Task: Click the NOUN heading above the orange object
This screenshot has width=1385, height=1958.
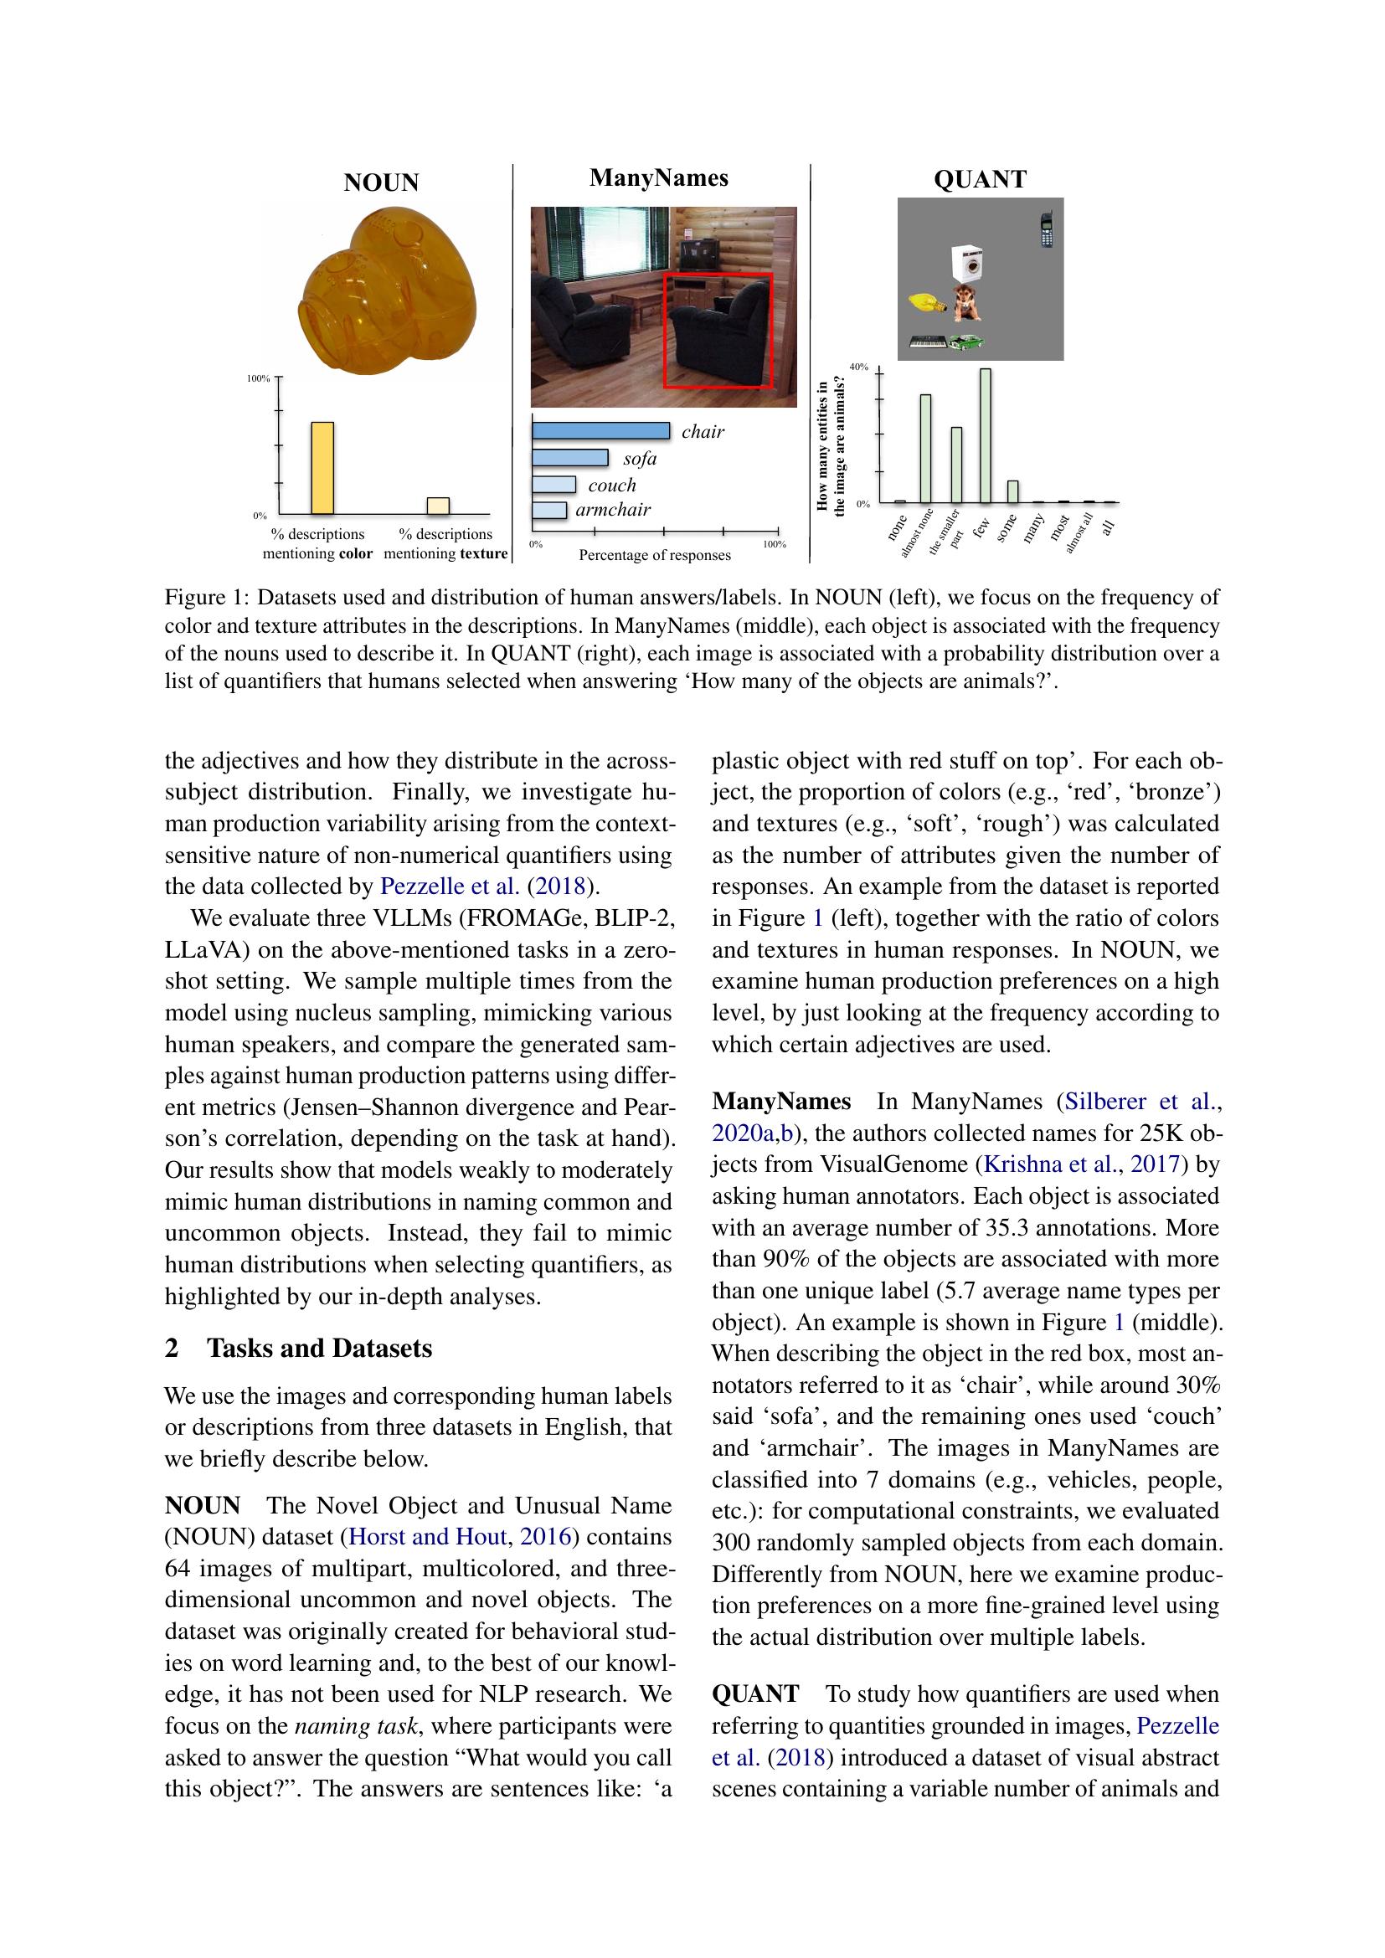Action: tap(381, 182)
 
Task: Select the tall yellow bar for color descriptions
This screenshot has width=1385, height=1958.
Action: tap(322, 468)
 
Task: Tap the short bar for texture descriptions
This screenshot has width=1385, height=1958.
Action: tap(438, 506)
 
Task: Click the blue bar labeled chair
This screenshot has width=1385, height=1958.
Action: tap(600, 430)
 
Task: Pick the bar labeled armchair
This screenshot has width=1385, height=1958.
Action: tap(549, 510)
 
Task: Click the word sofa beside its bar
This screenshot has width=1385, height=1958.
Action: tap(640, 459)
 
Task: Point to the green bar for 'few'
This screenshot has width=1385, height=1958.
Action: tap(985, 437)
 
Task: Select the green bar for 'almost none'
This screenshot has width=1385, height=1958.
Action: tap(925, 450)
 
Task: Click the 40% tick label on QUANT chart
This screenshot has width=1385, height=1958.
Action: tap(858, 367)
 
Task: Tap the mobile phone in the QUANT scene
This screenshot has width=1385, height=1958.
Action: tap(1048, 229)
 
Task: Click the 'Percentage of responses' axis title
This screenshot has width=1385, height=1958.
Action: tap(654, 555)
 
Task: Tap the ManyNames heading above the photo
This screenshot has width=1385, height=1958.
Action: tap(658, 178)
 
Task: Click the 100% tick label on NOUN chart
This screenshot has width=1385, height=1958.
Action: tap(259, 378)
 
